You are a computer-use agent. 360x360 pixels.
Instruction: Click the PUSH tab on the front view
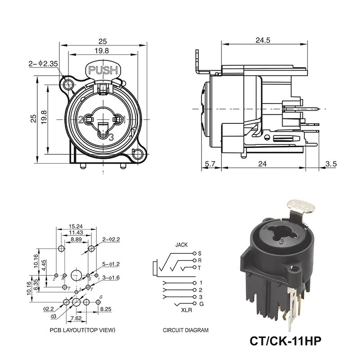coord(103,70)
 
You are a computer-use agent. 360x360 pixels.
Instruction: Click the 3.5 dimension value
coord(331,164)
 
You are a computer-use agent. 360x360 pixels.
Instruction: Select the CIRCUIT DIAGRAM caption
coord(185,330)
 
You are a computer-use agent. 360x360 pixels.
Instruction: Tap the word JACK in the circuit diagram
coord(182,246)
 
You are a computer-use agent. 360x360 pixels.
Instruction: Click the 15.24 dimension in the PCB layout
coord(76,226)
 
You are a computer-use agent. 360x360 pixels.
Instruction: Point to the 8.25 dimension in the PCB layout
coord(106,310)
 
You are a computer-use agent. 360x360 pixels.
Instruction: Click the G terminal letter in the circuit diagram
coord(201,305)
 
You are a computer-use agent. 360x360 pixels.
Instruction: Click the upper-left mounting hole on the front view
coord(68,85)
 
